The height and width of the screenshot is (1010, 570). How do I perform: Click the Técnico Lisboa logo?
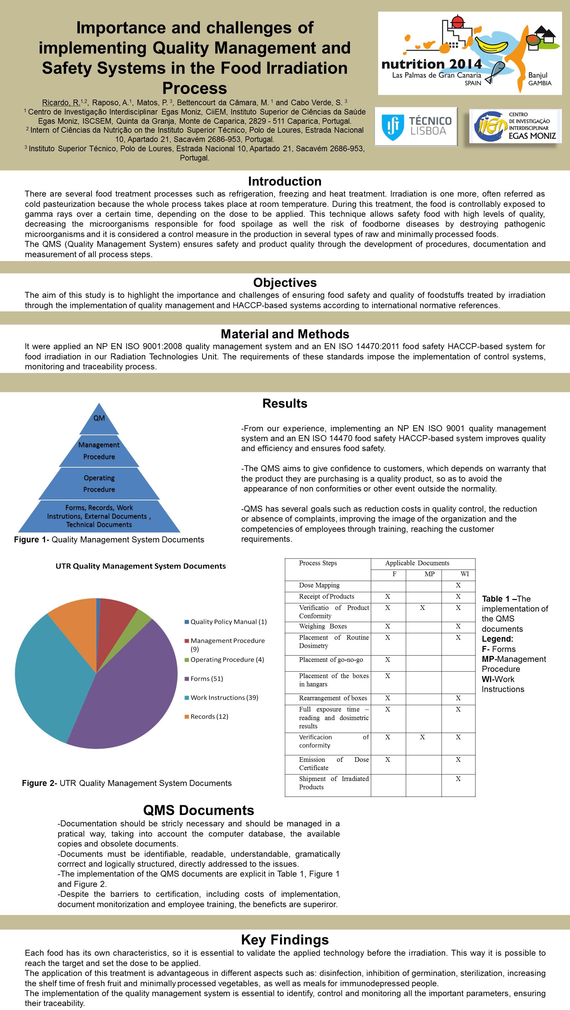click(416, 126)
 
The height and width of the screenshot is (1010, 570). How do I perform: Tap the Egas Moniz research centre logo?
click(515, 126)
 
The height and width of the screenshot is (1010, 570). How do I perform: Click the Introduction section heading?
click(285, 181)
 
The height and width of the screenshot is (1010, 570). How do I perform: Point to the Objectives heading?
click(285, 282)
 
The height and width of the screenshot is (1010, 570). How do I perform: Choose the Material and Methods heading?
click(285, 334)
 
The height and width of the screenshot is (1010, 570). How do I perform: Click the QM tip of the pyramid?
click(99, 418)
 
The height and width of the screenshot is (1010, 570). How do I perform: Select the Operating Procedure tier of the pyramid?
click(99, 483)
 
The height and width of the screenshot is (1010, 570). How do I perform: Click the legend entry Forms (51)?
click(206, 679)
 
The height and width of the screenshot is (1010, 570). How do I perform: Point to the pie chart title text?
click(141, 566)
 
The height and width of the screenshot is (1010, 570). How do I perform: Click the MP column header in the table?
click(429, 574)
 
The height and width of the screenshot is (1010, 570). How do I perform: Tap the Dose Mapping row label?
click(319, 585)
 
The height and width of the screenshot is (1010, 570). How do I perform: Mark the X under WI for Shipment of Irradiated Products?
click(458, 779)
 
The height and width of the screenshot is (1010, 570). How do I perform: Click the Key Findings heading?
click(285, 940)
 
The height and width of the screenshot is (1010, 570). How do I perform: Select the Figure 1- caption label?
click(31, 539)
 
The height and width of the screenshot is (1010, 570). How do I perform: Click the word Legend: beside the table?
click(497, 639)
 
